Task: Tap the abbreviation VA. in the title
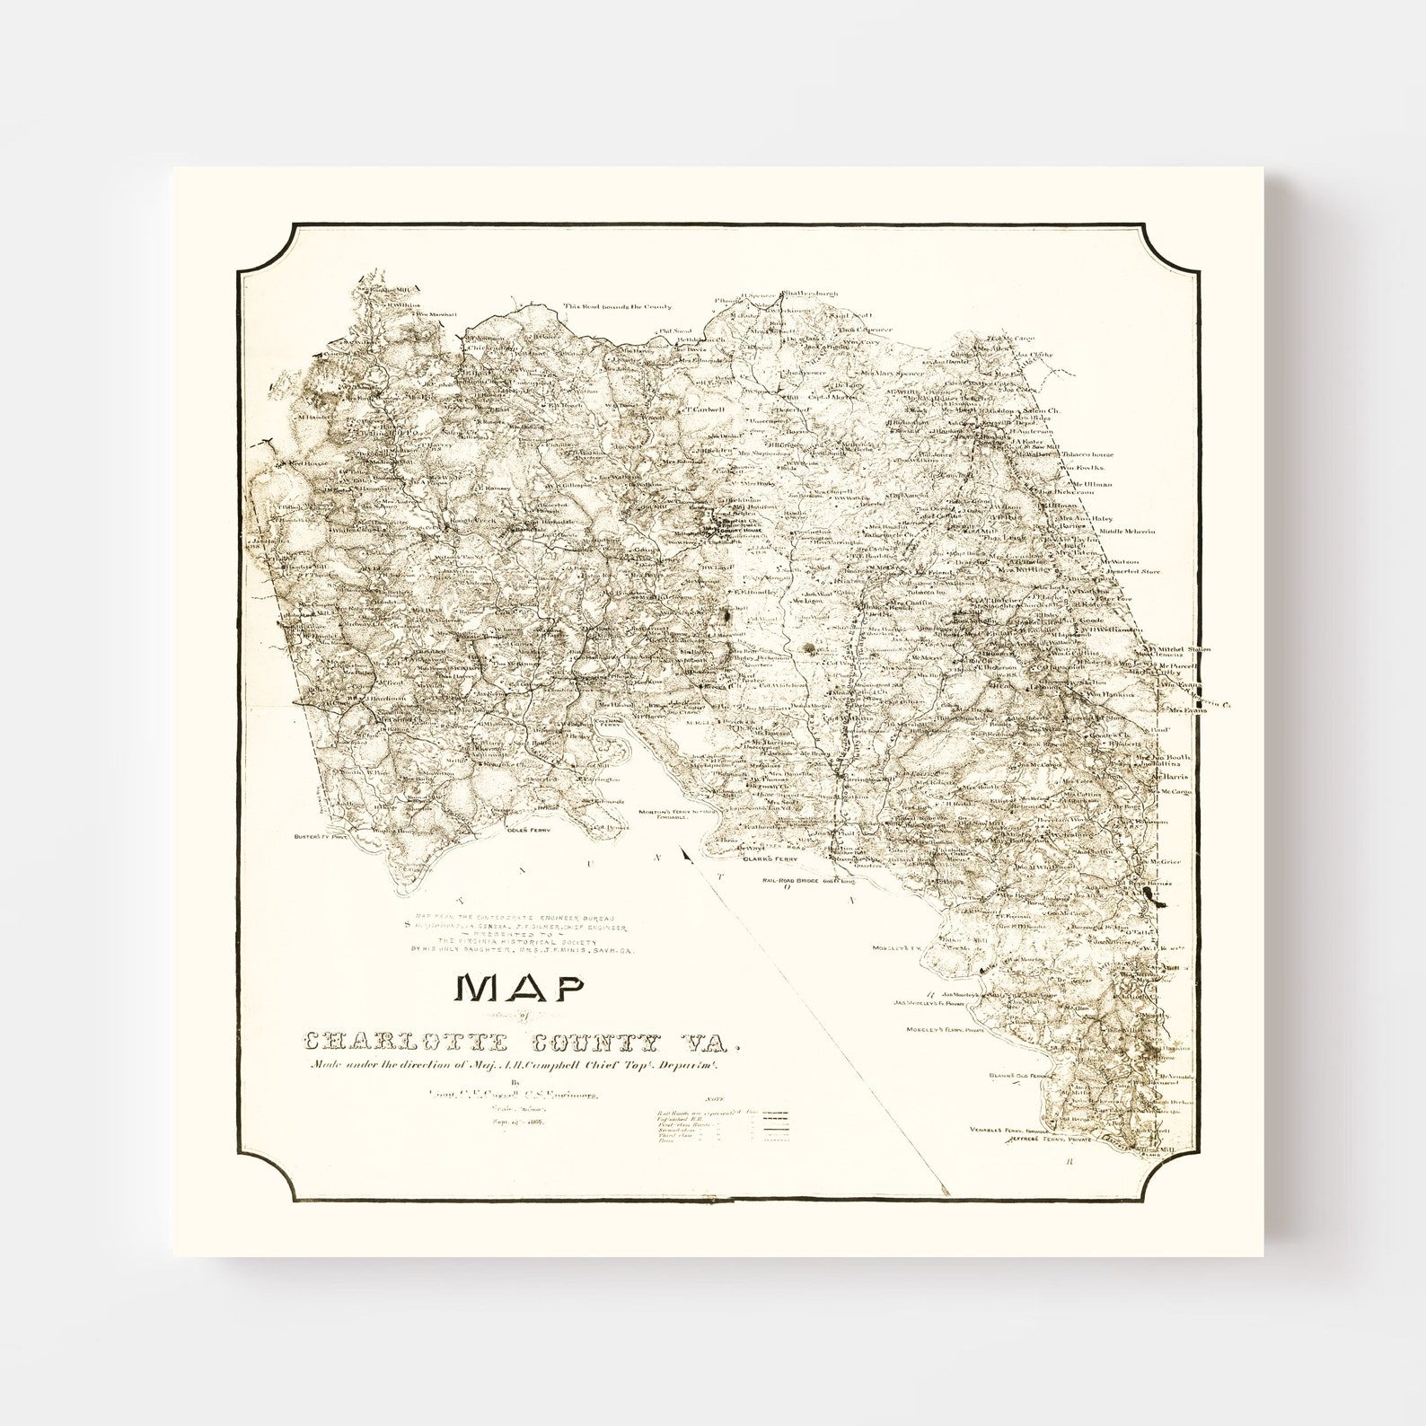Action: (x=719, y=1044)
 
